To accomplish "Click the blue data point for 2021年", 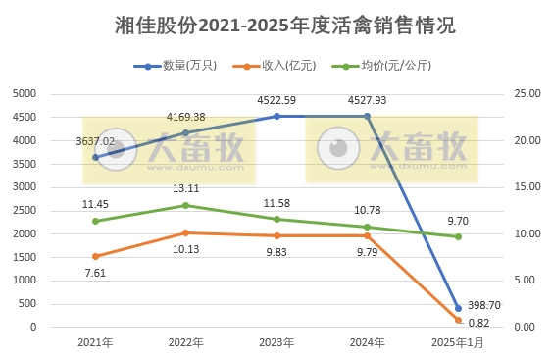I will click(95, 157).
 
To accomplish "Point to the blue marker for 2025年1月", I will click(458, 308).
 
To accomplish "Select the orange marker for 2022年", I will click(186, 232).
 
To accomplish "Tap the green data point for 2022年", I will click(186, 205).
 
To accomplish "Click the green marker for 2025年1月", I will click(458, 236).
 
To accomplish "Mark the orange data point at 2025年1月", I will click(458, 320).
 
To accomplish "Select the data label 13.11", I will click(186, 189).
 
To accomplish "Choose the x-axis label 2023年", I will click(276, 342).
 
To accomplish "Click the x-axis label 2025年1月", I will click(458, 342).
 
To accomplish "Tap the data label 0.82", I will click(478, 324).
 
